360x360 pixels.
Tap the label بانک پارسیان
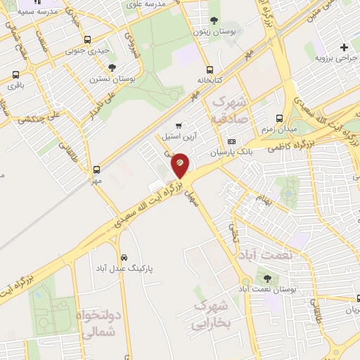[x=229, y=152]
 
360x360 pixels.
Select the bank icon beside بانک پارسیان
[x=231, y=141]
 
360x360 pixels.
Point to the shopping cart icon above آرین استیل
[x=188, y=125]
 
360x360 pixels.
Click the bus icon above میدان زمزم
[x=280, y=118]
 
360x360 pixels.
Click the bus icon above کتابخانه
[x=210, y=70]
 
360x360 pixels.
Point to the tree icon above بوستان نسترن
[x=112, y=67]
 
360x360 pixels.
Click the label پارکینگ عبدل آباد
[x=124, y=269]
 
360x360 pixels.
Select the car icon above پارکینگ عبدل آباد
[x=124, y=257]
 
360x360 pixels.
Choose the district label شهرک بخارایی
[x=210, y=316]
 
